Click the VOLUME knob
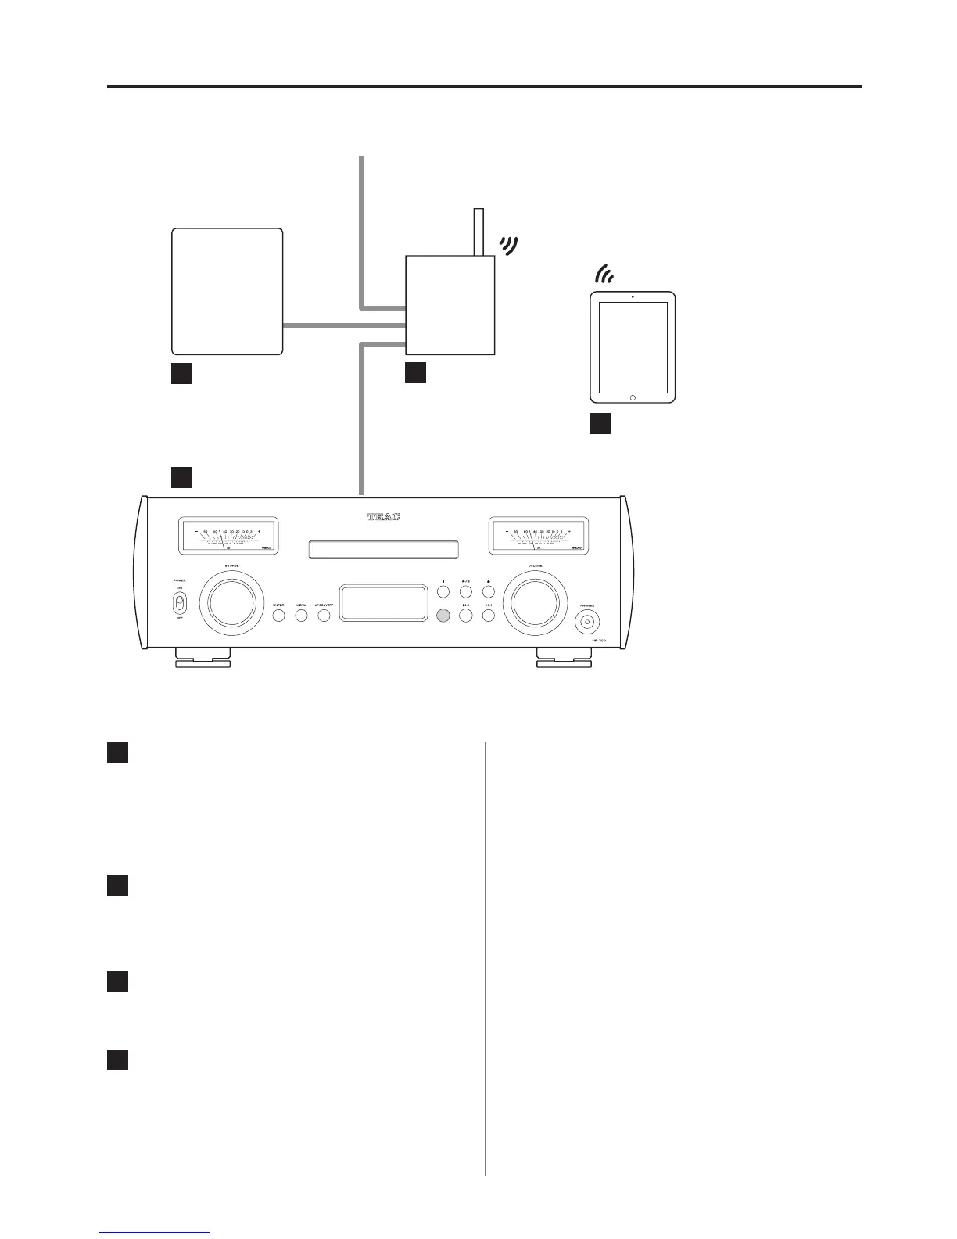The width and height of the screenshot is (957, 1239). (x=536, y=602)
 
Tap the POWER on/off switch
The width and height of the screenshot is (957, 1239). (x=180, y=604)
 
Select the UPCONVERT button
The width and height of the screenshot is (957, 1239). (x=324, y=615)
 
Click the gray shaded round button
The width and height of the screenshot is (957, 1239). (x=443, y=616)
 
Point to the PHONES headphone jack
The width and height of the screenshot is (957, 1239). (x=588, y=622)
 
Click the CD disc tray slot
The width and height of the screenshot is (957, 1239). (x=383, y=550)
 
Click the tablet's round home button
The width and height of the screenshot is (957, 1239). (x=633, y=397)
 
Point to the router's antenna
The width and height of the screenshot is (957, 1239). (x=478, y=232)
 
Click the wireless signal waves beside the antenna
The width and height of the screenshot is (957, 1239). (x=510, y=246)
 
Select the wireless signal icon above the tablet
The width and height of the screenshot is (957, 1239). (x=604, y=275)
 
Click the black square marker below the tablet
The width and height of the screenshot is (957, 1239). (x=599, y=424)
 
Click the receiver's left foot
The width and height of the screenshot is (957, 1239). (x=203, y=658)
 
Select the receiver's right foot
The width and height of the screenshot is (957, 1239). (x=564, y=658)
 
